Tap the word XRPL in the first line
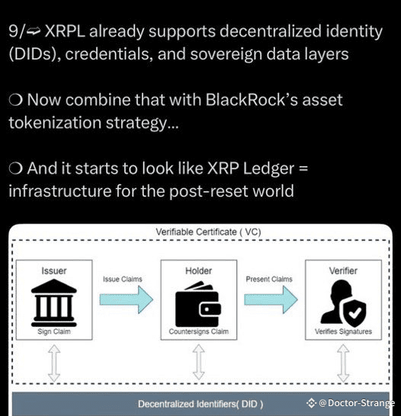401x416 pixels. tap(65, 31)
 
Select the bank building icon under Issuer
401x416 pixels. tap(54, 302)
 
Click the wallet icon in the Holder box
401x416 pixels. tap(198, 304)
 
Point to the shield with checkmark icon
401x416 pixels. tap(354, 314)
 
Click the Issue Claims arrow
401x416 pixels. tap(127, 299)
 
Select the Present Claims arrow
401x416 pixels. tap(271, 299)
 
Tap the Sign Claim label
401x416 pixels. tap(54, 331)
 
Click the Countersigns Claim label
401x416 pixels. tap(198, 331)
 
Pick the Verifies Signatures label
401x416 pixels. tap(343, 331)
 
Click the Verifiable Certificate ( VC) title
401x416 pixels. tap(208, 232)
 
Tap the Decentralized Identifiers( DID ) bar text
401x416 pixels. tap(200, 404)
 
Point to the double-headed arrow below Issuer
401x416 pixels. tap(54, 363)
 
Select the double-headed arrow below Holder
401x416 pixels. tap(198, 363)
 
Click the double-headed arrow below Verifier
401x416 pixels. tap(343, 363)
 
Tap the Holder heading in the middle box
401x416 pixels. tap(198, 270)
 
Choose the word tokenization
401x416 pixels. tap(55, 123)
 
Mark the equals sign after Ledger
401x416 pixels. tap(303, 168)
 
